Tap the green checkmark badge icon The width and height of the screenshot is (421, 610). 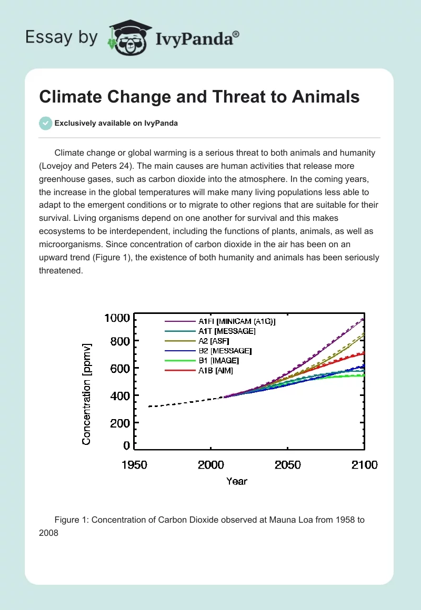tap(46, 123)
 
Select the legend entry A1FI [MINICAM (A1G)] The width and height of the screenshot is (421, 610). tap(237, 321)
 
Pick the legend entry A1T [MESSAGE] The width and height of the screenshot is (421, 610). tap(227, 331)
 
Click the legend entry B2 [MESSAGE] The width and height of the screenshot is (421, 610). tap(225, 351)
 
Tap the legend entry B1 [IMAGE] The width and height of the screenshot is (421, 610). tap(218, 361)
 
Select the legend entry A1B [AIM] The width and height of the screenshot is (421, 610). tap(216, 371)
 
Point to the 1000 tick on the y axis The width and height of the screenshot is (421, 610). tap(116, 318)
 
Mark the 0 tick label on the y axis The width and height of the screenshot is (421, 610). tap(126, 446)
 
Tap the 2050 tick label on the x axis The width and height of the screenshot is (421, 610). tap(287, 465)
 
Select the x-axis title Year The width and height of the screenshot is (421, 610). tap(237, 481)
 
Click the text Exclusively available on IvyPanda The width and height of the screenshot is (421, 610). tap(116, 124)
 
